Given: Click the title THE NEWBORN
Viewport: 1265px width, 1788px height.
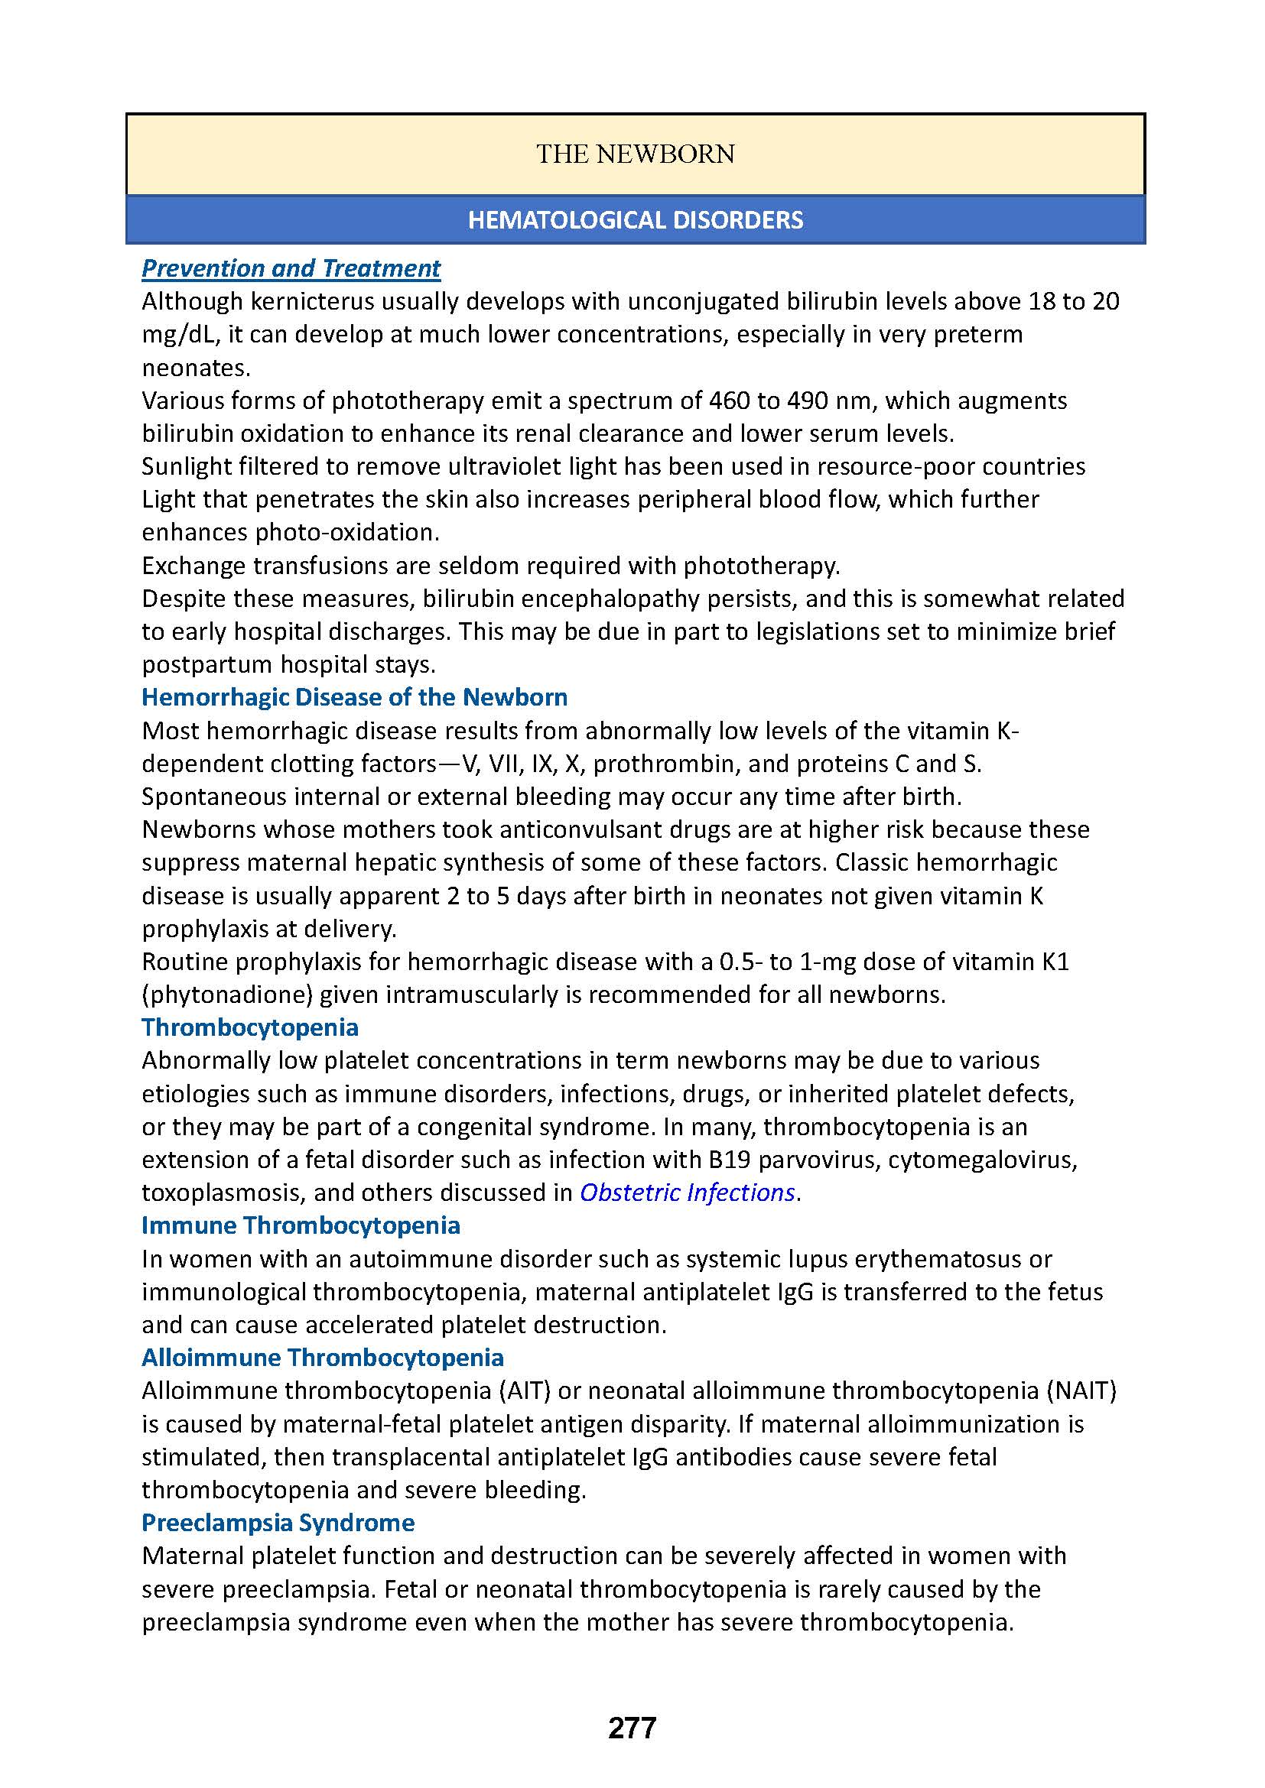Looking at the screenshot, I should (635, 154).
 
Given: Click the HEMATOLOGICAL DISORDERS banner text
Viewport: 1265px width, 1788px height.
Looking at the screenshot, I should (635, 219).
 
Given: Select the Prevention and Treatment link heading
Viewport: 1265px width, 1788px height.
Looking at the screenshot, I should (291, 268).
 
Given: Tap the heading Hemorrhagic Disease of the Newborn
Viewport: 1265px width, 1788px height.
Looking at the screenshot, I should (354, 696).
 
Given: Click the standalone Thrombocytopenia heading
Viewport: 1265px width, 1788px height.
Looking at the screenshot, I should (250, 1027).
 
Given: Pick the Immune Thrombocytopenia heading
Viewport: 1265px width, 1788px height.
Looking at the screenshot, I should (301, 1225).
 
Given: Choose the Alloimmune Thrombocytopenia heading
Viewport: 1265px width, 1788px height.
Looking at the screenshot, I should (323, 1358).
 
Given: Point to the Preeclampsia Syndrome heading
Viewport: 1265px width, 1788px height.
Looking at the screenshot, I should (278, 1523).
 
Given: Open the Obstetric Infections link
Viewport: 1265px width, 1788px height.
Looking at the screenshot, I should (687, 1193).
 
